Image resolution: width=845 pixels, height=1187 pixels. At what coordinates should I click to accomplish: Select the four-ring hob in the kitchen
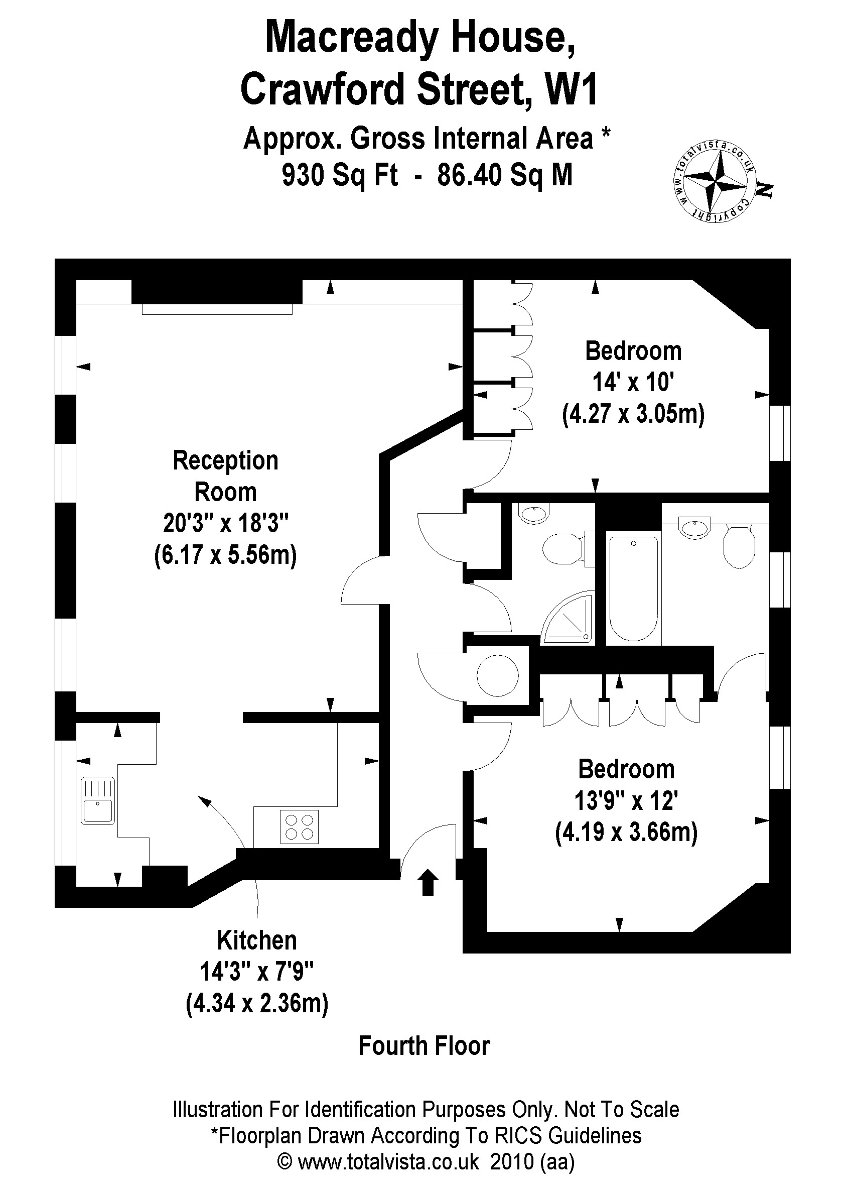point(299,827)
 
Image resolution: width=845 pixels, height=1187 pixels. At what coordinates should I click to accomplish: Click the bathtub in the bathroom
point(633,588)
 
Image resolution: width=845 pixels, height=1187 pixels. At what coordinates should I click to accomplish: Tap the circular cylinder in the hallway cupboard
point(497,676)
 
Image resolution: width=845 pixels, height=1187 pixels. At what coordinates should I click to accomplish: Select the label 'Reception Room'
point(225,476)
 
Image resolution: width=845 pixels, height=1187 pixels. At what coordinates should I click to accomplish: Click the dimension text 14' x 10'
point(633,383)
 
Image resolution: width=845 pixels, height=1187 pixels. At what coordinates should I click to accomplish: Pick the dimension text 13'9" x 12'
point(625,801)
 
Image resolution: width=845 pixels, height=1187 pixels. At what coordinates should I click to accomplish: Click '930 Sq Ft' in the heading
point(340,174)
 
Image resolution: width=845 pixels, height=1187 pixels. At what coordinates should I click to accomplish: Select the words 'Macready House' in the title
point(420,38)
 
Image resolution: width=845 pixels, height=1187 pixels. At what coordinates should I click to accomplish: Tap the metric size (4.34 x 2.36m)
point(256,1003)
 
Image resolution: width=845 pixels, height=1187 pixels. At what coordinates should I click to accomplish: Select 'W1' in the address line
point(571,89)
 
